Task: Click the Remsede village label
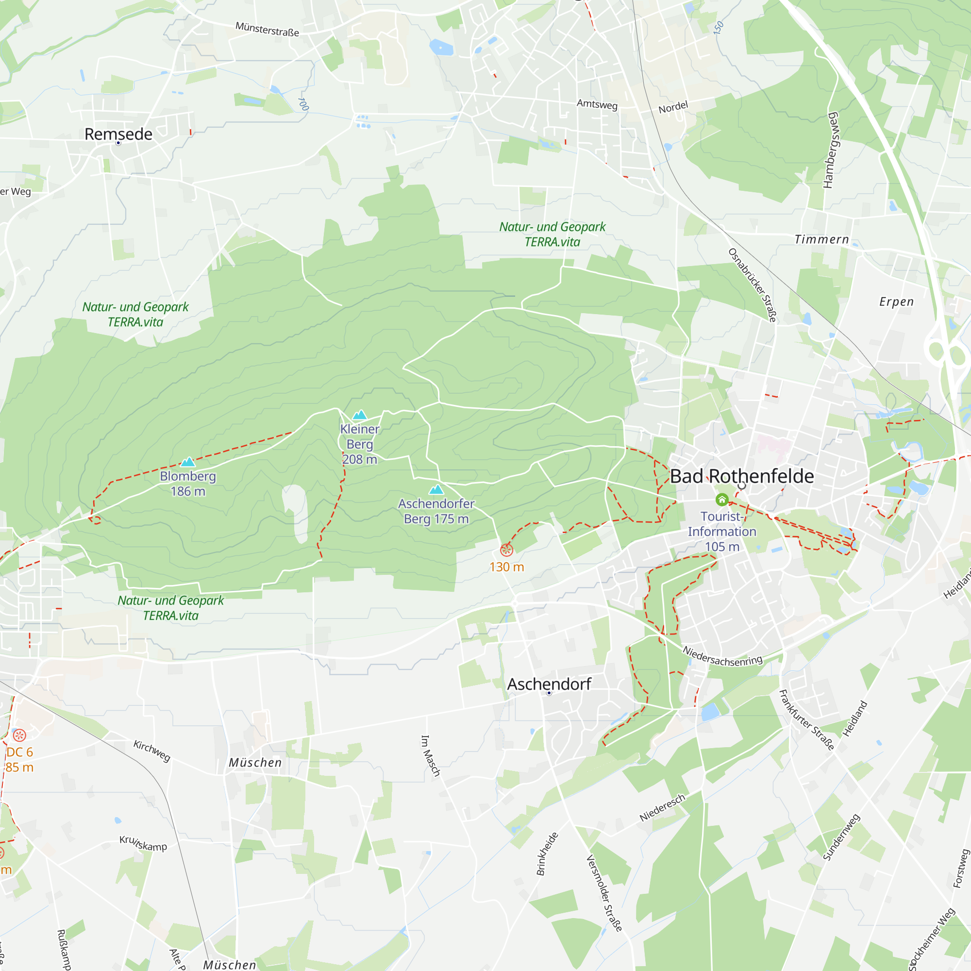pos(118,134)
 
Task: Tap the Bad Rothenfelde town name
pos(742,476)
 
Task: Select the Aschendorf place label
pos(549,684)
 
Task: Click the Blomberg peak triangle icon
pos(188,461)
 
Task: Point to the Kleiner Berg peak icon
pos(359,415)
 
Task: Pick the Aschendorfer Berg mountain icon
pos(436,489)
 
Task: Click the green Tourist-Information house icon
pos(722,499)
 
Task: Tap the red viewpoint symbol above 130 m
pos(506,550)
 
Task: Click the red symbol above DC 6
pos(19,735)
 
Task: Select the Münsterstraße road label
pos(267,29)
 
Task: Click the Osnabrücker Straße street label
pos(753,285)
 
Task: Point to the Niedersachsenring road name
pos(722,656)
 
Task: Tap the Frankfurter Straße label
pos(806,719)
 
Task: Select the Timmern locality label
pos(822,240)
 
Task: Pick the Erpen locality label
pos(897,301)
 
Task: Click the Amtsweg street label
pos(597,104)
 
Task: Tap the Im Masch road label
pos(430,755)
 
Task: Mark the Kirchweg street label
pos(152,751)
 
